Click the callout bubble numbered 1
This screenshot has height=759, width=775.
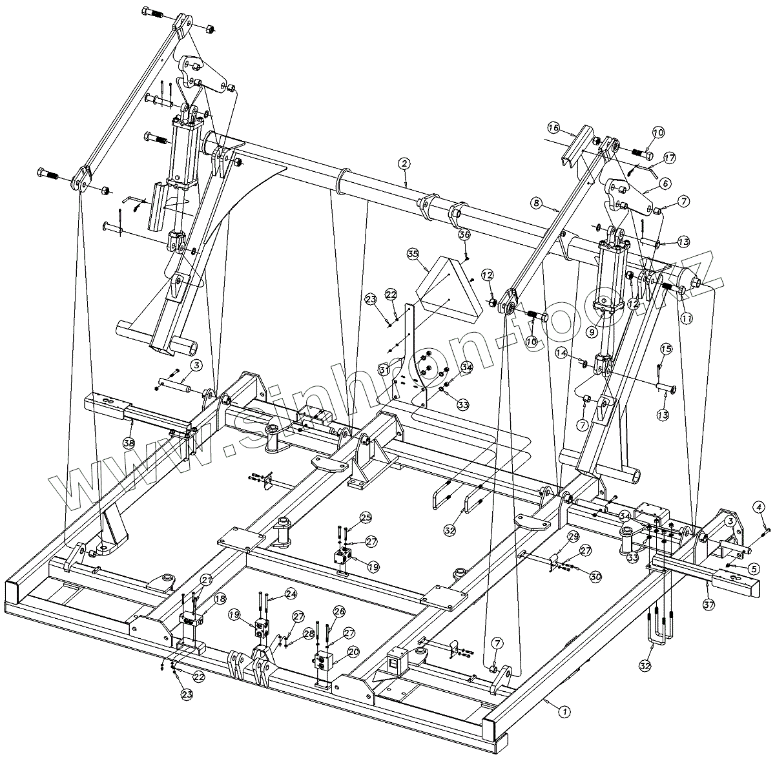564,712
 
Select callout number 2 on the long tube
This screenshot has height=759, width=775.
404,164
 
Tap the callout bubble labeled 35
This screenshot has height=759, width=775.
413,254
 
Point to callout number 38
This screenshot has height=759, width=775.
129,442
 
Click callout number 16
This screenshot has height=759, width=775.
554,127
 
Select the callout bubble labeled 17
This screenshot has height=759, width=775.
669,157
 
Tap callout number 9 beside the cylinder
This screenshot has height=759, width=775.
591,332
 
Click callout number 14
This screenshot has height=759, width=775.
563,353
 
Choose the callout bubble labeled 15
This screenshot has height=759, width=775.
666,349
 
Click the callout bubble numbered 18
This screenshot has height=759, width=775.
220,599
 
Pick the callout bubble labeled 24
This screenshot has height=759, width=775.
291,592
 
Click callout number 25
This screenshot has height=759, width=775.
366,517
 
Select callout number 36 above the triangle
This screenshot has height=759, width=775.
464,235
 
